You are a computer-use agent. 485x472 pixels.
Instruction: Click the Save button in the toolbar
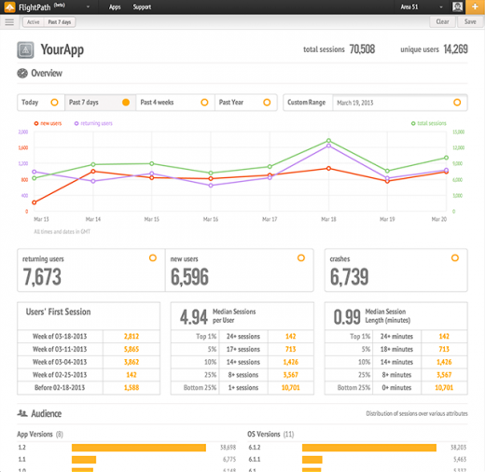point(468,21)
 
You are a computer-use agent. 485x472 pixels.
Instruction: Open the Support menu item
point(142,7)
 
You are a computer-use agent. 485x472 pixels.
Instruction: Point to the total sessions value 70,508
point(362,49)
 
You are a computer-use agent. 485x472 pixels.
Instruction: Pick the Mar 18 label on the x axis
point(328,219)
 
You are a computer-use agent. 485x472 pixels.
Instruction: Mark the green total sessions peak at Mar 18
point(328,141)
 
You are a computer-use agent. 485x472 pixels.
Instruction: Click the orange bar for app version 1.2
point(139,448)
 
